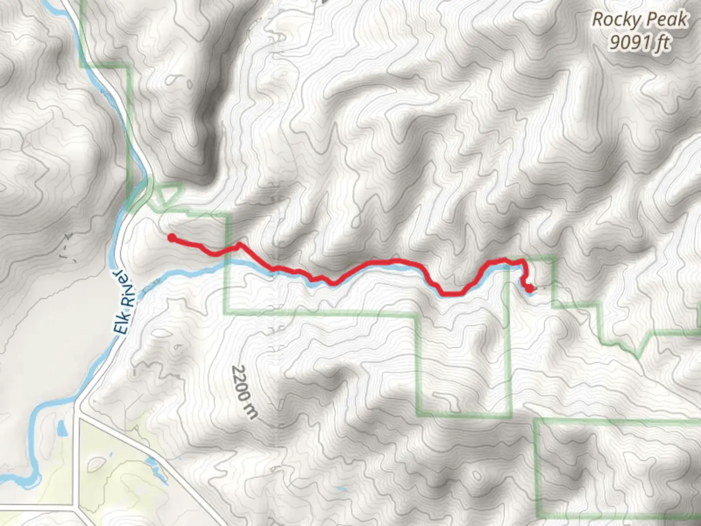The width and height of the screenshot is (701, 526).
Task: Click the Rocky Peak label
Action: tap(639, 20)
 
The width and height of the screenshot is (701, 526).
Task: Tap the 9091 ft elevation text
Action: tap(639, 43)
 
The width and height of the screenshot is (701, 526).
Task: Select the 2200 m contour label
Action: tap(244, 392)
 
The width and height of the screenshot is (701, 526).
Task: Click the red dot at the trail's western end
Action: tap(171, 238)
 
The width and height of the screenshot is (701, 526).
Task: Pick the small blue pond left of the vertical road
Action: tap(62, 429)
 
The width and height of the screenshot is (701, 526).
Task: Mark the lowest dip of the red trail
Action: tap(450, 294)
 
